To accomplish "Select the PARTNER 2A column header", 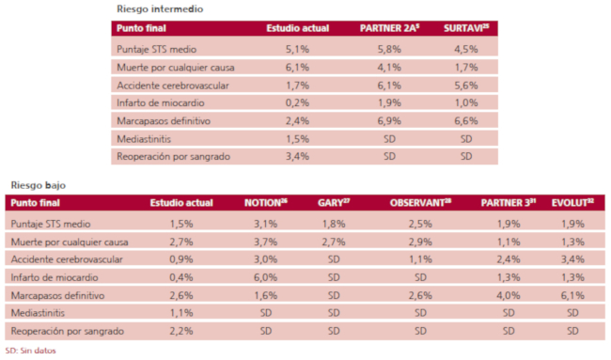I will coord(388,29).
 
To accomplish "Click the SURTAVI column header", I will coord(467,29).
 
